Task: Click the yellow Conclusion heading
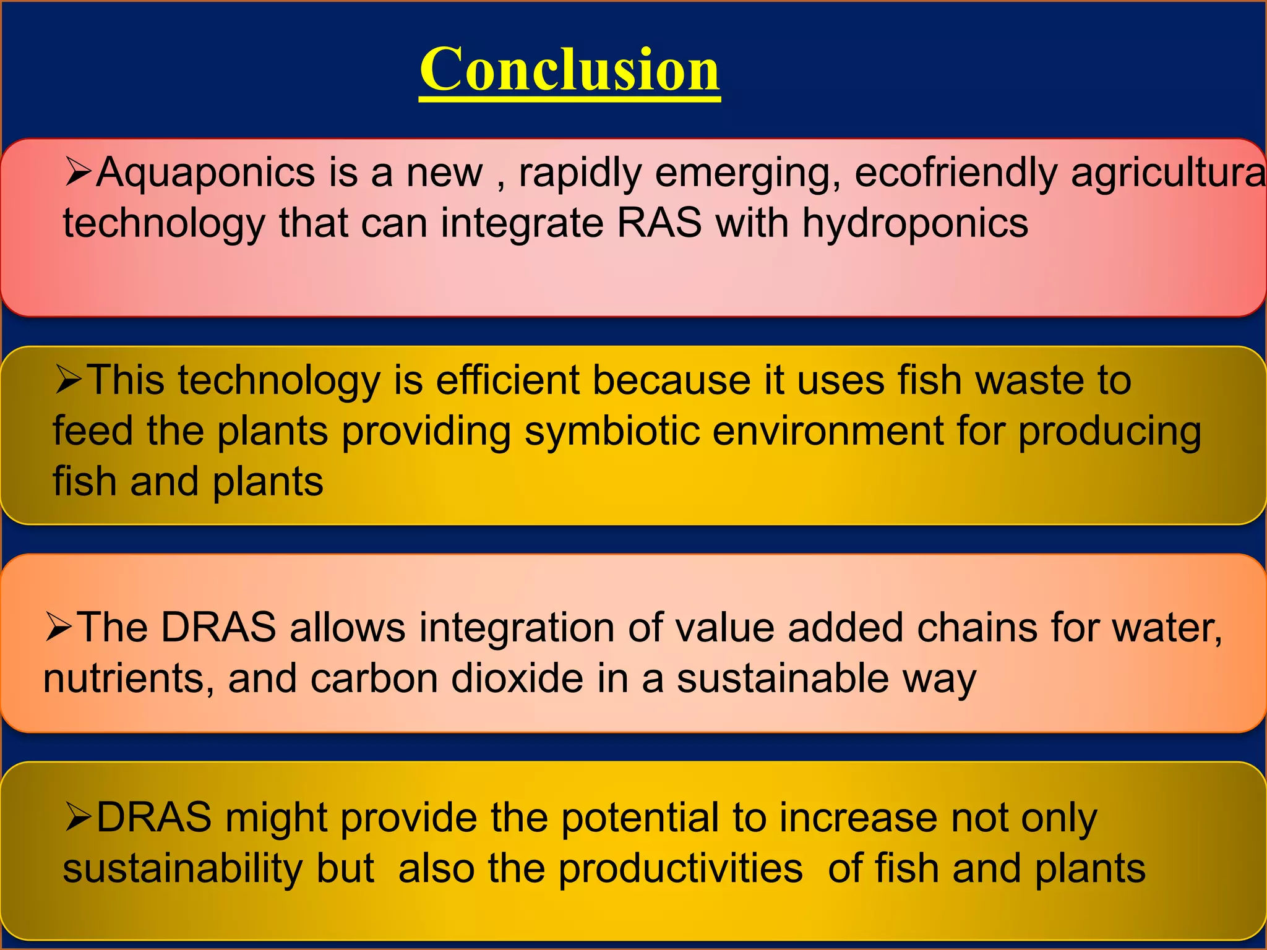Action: tap(569, 69)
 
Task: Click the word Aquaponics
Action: tap(206, 173)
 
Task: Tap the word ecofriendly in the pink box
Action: tap(955, 173)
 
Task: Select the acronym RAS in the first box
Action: tap(659, 223)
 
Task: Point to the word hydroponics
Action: tap(915, 223)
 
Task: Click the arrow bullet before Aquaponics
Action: tap(79, 173)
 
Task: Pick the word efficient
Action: tap(507, 380)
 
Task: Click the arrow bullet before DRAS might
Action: tap(79, 818)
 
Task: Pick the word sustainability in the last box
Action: tap(183, 868)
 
